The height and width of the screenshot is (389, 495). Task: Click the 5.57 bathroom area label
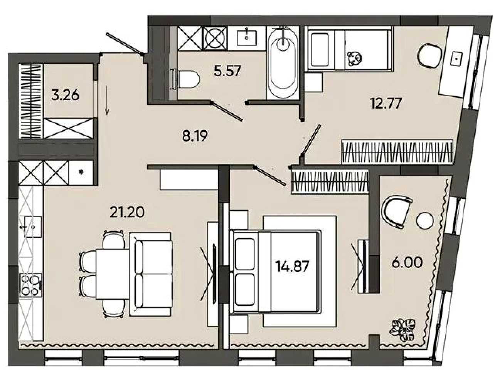(x=227, y=70)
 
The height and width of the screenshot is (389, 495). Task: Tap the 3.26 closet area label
(x=65, y=95)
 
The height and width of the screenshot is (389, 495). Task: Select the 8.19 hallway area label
(x=195, y=136)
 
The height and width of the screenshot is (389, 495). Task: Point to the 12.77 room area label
(x=386, y=103)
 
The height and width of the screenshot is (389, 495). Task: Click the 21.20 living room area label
(x=127, y=212)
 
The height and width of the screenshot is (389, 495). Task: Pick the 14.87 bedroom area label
(x=292, y=267)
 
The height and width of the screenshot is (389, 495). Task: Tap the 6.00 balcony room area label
(x=407, y=263)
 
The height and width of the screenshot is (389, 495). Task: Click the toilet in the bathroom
(x=186, y=79)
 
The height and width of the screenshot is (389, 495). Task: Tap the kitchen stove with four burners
(x=30, y=285)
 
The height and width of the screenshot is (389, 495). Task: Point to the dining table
(x=112, y=274)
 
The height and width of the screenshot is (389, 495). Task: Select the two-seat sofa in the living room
(x=150, y=274)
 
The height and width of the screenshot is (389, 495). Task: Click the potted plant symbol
(x=403, y=330)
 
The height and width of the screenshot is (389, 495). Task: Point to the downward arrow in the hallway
(x=107, y=101)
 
